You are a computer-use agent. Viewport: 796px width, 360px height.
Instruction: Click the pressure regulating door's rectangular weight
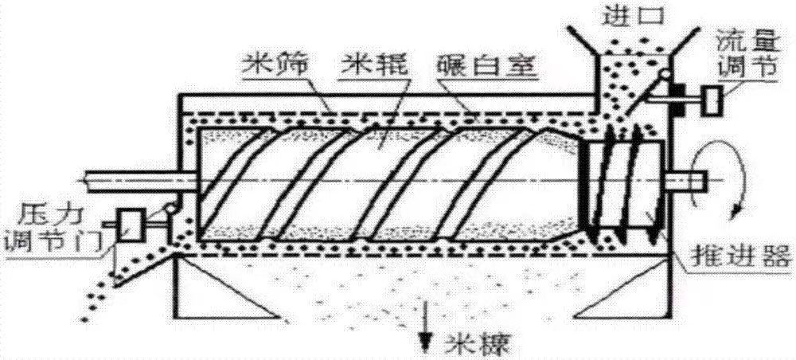pyautogui.click(x=131, y=225)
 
